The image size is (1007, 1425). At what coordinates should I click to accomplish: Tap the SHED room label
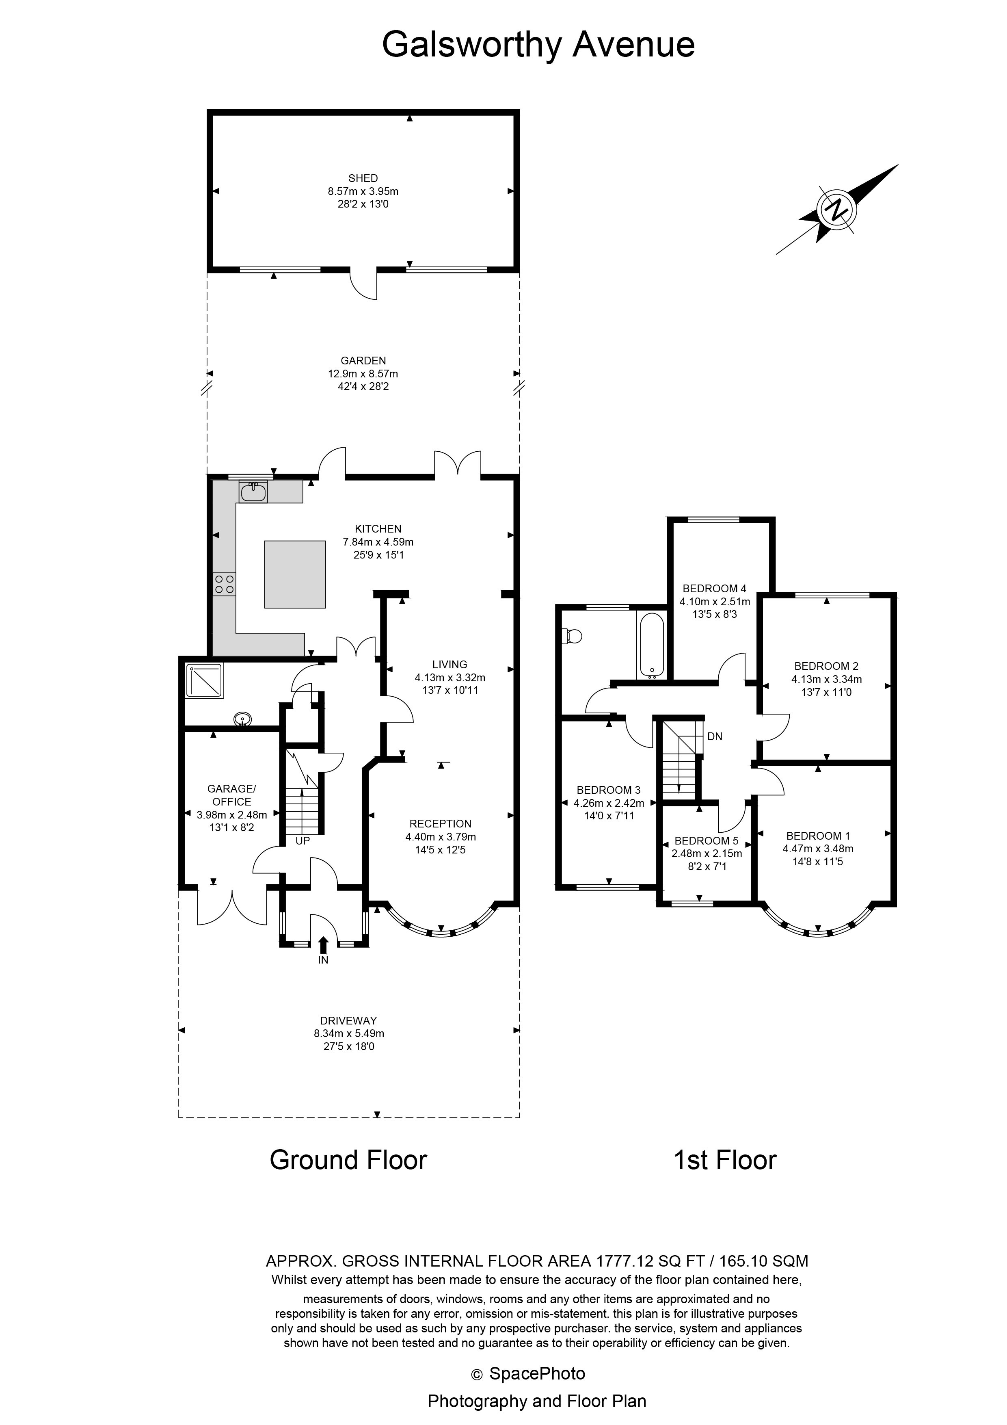tap(363, 178)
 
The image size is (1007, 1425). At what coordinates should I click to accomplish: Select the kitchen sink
tap(253, 492)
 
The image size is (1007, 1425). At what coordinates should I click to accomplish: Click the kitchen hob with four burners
tap(224, 584)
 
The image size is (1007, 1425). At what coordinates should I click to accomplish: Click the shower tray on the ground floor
tap(205, 681)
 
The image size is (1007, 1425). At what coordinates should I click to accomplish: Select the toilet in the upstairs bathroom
tap(572, 636)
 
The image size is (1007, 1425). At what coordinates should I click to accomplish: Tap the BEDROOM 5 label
tap(707, 841)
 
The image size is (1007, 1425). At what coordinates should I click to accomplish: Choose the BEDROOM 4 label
tap(714, 588)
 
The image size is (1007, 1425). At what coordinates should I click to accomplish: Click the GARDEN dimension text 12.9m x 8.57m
tap(363, 374)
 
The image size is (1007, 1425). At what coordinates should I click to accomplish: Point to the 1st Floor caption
tap(725, 1160)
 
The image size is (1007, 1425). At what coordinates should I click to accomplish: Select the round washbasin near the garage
tap(242, 719)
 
